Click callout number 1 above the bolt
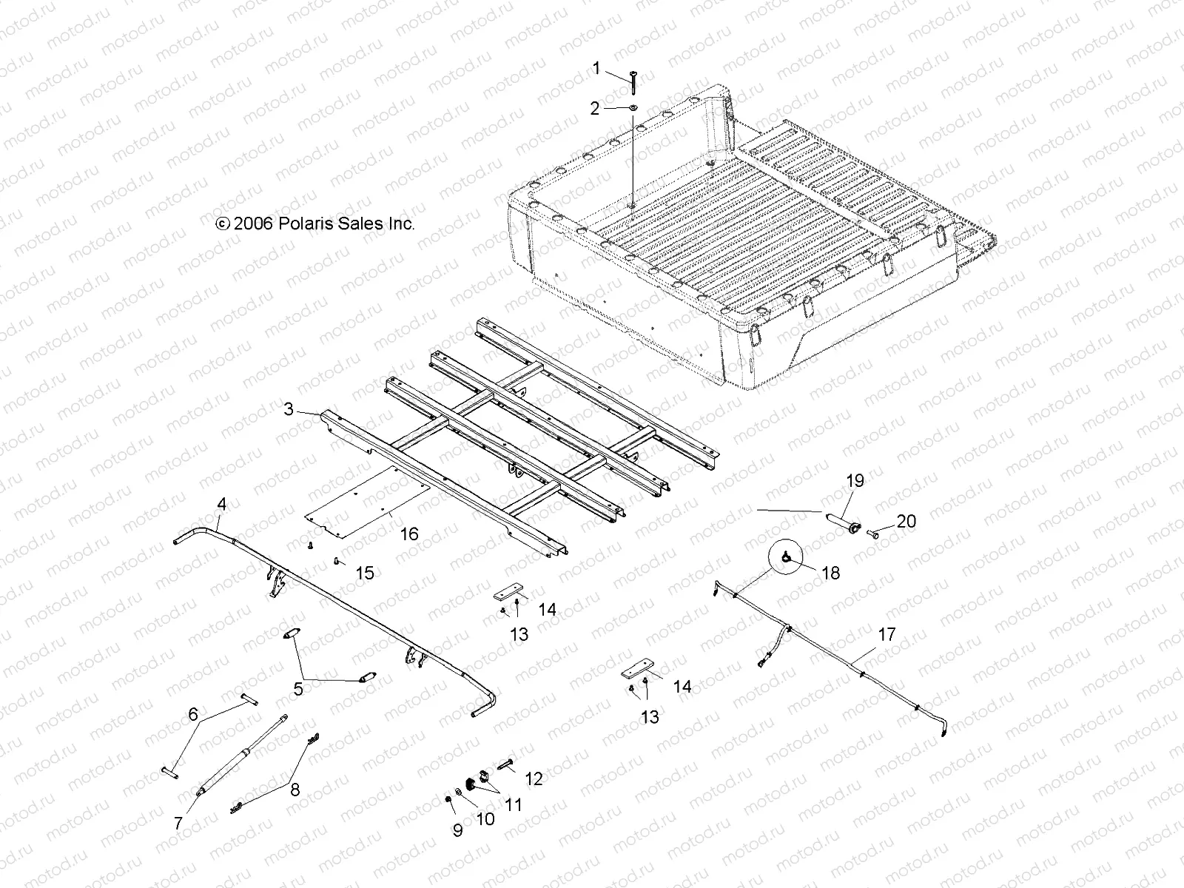tap(596, 69)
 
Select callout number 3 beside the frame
tap(289, 408)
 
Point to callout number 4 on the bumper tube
tap(221, 505)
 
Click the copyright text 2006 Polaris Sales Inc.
tap(314, 223)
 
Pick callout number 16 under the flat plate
tap(409, 534)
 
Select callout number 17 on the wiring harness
tap(887, 634)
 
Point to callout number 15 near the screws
tap(364, 573)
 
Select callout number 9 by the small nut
tap(457, 830)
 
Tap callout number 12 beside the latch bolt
tap(534, 778)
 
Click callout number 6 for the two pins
tap(193, 714)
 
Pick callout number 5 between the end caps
tap(298, 689)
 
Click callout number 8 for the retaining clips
tap(295, 790)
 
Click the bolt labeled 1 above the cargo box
tap(634, 81)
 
